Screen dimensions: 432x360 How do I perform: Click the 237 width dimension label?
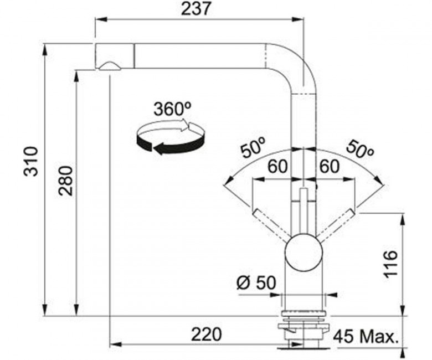tap(197, 8)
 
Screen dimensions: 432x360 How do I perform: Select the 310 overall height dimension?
tap(30, 162)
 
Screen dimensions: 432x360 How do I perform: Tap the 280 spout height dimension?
tap(66, 181)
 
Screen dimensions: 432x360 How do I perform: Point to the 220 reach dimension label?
tap(207, 334)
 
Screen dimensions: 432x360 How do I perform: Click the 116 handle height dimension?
tap(390, 264)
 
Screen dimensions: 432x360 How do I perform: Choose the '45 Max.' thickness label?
tap(366, 337)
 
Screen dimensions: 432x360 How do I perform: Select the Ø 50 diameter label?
tap(256, 282)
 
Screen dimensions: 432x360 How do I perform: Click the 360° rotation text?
tap(172, 109)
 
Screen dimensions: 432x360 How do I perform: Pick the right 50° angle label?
tap(360, 149)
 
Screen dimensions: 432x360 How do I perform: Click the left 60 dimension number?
tap(277, 167)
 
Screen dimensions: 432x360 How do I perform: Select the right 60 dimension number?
tap(328, 167)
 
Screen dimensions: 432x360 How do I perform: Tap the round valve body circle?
tap(304, 252)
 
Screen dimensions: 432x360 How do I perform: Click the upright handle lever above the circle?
tap(304, 210)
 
